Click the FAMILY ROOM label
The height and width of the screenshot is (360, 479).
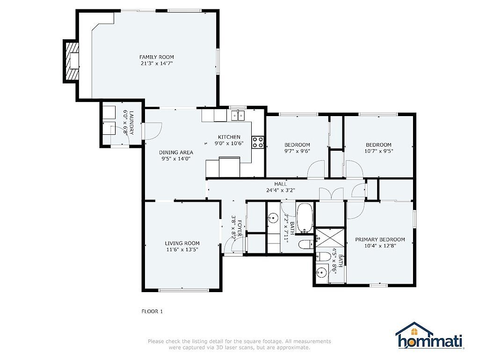point(156,57)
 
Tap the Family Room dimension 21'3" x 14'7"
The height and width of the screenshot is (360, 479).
point(156,64)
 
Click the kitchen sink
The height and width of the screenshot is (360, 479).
point(238,116)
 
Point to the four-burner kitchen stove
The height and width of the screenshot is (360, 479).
point(258,142)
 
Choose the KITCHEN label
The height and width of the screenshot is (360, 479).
point(229,137)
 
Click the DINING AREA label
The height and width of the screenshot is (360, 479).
point(176,152)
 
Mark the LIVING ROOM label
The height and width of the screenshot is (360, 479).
point(182,243)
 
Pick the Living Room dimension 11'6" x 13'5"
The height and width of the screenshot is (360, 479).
point(182,250)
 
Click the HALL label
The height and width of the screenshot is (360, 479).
point(281,184)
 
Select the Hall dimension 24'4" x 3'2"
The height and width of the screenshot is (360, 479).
point(281,190)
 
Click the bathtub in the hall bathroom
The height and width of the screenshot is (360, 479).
point(305,218)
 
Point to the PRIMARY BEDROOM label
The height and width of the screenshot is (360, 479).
point(380,239)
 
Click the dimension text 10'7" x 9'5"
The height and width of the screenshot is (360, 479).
point(378,151)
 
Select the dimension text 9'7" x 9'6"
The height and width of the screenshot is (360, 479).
point(297,151)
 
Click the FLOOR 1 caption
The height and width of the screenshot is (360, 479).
point(152,311)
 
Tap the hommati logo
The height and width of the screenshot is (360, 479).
point(430,336)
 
